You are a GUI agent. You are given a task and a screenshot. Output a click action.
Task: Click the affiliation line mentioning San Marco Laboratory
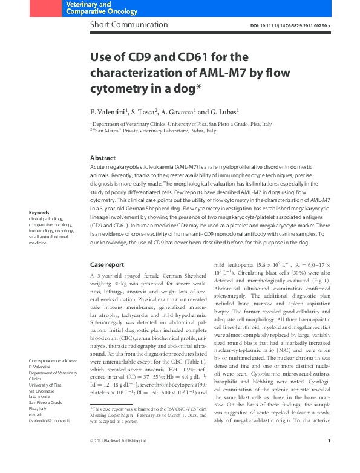(x=154, y=131)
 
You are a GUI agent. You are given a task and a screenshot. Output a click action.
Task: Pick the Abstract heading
(x=102, y=158)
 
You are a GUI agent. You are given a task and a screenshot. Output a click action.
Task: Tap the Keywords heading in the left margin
(x=39, y=212)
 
